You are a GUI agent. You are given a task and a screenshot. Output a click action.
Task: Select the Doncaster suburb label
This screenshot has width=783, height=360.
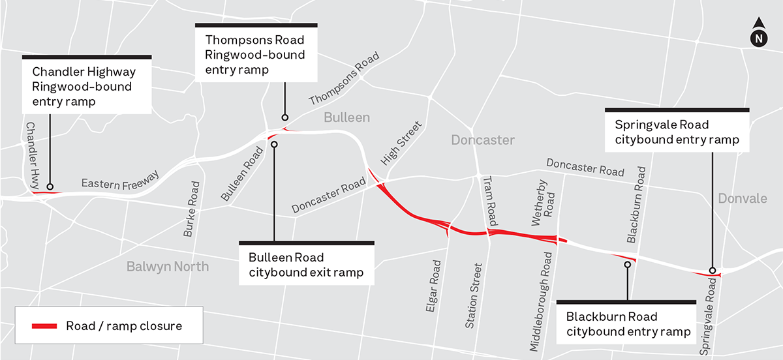click(483, 140)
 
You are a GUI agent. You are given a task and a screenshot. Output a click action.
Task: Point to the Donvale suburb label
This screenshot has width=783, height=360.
click(742, 198)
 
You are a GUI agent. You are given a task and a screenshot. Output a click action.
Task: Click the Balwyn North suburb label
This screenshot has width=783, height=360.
click(168, 266)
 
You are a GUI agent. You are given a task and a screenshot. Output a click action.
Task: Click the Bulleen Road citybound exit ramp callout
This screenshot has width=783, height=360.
click(307, 265)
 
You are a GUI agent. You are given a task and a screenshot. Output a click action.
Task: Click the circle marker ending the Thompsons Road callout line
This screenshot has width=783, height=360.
click(284, 118)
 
